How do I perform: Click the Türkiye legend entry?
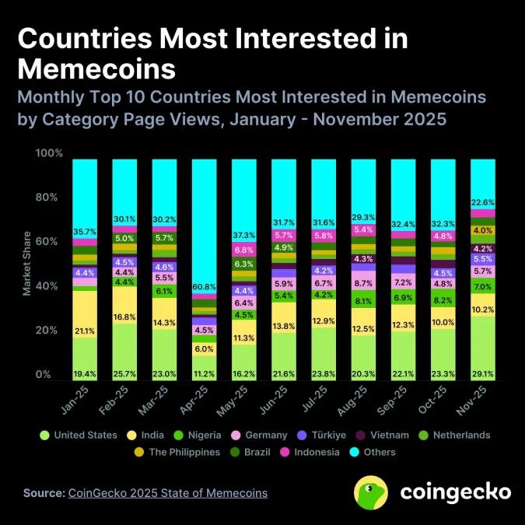coord(339,436)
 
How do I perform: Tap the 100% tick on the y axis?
coord(48,153)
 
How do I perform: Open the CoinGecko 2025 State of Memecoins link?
coord(167,493)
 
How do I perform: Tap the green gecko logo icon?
coord(371,492)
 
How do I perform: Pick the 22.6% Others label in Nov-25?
coord(483,204)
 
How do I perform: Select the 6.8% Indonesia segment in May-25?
coord(244,250)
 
